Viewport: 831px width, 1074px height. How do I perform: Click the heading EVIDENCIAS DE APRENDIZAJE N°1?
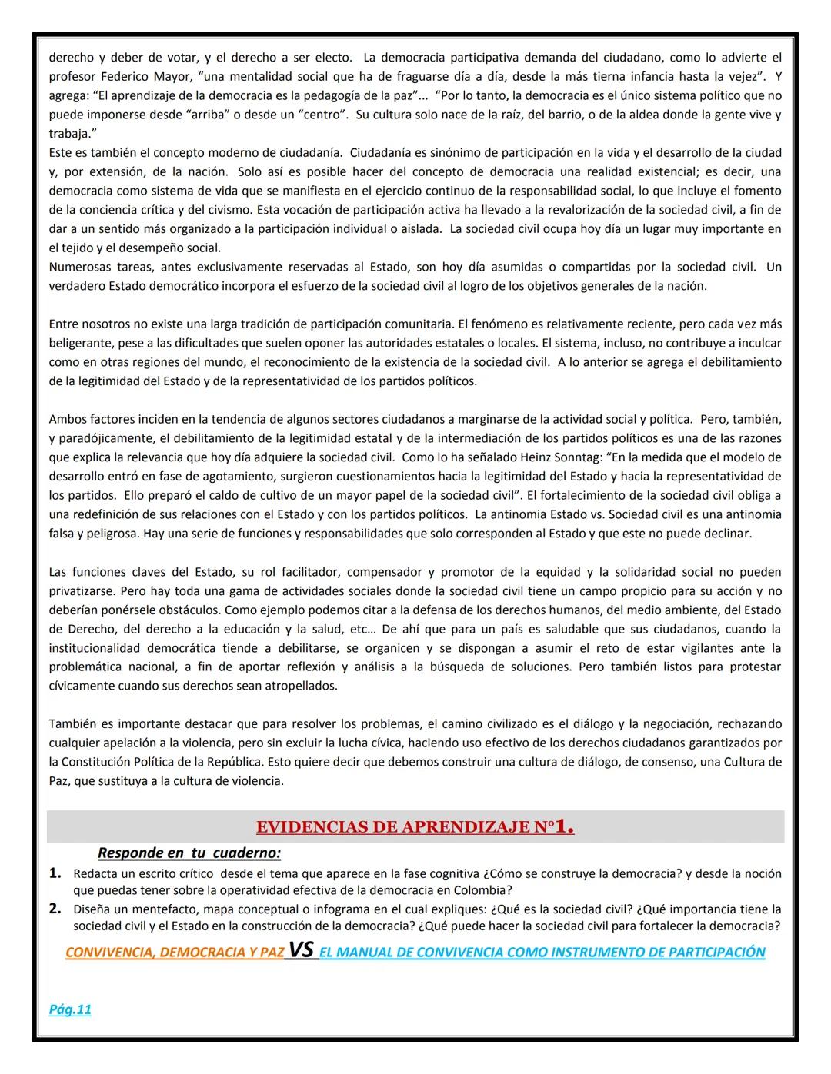pyautogui.click(x=415, y=827)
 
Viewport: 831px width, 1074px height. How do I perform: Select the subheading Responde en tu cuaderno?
pyautogui.click(x=189, y=853)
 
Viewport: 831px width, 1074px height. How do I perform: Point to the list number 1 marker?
pyautogui.click(x=55, y=873)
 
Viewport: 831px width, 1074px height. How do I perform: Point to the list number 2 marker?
pyautogui.click(x=55, y=909)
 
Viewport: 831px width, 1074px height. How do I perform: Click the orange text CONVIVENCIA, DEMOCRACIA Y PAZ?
pyautogui.click(x=175, y=953)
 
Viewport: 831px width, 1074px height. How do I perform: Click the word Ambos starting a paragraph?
pyautogui.click(x=67, y=419)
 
